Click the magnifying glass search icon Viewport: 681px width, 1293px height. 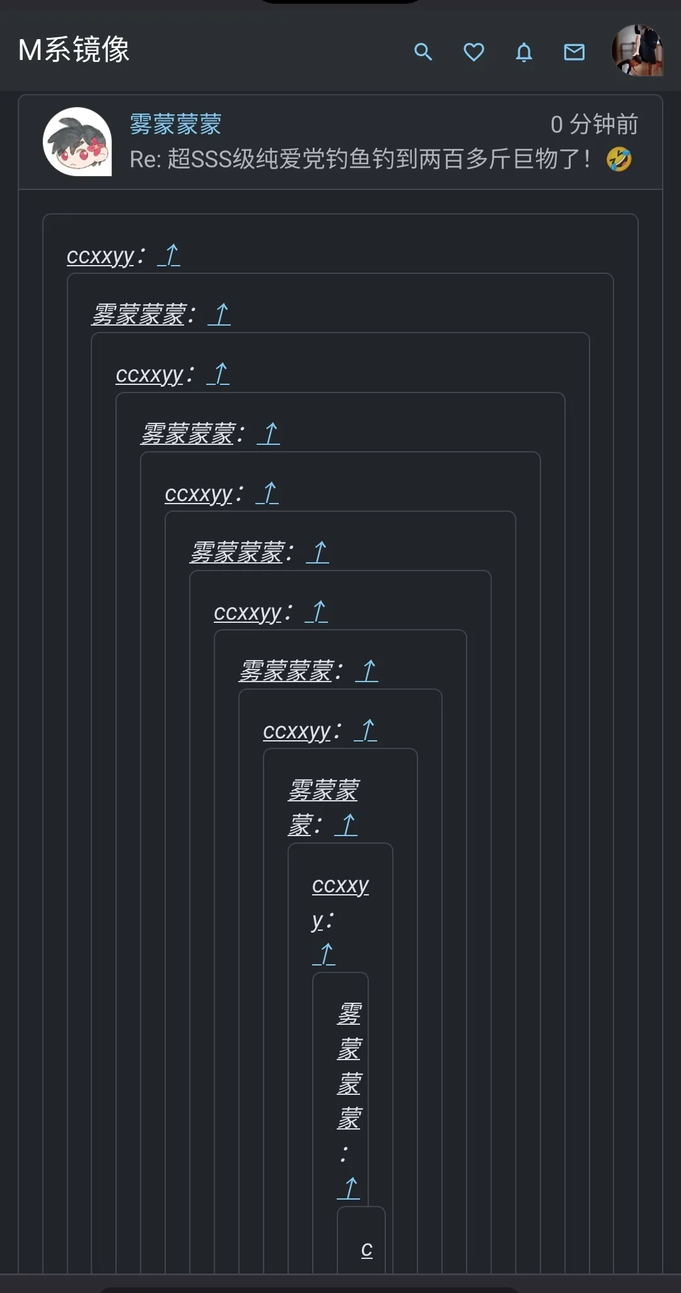(423, 52)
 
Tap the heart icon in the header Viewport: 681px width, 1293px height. (474, 52)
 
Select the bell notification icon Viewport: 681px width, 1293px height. (524, 52)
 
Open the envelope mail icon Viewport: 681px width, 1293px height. (574, 52)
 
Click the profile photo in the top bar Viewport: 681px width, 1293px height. (637, 50)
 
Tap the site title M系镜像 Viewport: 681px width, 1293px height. (74, 49)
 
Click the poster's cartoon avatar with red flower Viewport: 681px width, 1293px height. (77, 141)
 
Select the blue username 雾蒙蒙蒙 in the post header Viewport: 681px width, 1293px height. (175, 124)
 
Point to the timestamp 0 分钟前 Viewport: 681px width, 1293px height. (594, 124)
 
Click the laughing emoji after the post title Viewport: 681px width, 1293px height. (619, 159)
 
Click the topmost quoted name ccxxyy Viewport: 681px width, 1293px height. (101, 256)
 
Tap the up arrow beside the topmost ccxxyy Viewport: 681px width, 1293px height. (169, 255)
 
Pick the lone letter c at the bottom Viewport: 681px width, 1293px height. (367, 1249)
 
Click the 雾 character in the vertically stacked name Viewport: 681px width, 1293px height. (349, 1014)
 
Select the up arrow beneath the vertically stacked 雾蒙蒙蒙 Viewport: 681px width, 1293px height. (349, 1188)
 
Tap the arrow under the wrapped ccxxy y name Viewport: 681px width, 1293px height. (324, 954)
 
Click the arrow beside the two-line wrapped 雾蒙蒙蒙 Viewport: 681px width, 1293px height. (346, 824)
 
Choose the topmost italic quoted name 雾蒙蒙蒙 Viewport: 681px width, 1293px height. (139, 314)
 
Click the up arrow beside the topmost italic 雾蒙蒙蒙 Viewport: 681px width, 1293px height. (219, 314)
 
